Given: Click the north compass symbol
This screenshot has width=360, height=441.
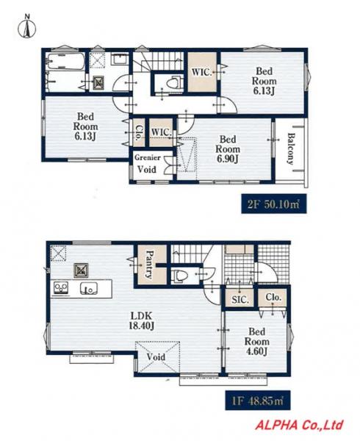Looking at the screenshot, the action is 27,27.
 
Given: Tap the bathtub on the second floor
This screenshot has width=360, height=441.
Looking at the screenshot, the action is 66,61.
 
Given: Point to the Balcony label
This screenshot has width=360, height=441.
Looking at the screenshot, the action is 291,148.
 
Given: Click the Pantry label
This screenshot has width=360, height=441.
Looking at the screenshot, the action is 148,265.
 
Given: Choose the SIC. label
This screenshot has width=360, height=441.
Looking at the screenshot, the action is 240,300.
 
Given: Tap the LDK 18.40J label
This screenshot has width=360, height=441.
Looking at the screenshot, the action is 141,320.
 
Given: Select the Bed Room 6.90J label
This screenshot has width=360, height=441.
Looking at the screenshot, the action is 228,149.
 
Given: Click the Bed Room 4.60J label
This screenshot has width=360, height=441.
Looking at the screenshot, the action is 257,342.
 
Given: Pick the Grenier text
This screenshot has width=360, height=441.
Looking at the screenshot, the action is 148,157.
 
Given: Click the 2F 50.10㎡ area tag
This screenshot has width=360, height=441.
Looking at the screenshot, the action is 274,204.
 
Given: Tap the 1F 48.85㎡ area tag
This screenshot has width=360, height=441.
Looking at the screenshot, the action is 258,401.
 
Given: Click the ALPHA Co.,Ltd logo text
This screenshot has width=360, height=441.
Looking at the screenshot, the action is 299,425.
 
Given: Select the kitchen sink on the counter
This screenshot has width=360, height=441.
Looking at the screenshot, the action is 89,288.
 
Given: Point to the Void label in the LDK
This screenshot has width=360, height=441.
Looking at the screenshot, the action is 156,357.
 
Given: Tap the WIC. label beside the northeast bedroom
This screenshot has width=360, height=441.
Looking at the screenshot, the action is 201,72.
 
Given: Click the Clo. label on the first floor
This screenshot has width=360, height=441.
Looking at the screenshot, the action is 273,297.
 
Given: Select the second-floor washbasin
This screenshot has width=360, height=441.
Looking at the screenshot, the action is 120,60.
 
